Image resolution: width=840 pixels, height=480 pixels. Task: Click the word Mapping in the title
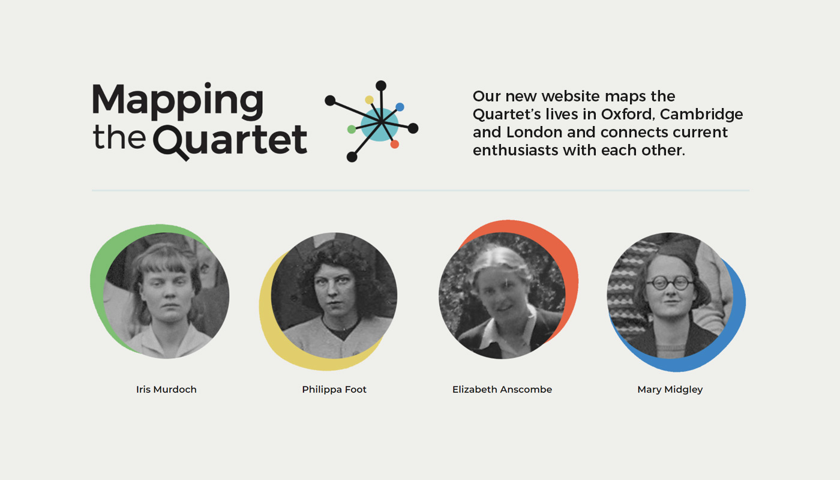click(178, 101)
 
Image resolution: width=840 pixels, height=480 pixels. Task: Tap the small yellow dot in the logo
click(370, 100)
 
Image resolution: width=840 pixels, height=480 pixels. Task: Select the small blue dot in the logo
click(400, 107)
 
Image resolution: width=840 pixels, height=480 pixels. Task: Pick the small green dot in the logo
click(352, 130)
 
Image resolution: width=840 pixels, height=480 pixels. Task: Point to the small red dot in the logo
click(395, 144)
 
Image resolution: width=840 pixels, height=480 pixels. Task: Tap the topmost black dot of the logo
click(381, 85)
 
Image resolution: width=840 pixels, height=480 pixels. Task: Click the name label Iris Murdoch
click(166, 389)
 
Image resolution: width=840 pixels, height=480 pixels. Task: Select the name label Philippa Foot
click(334, 389)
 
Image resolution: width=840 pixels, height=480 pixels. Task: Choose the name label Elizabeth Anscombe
click(502, 389)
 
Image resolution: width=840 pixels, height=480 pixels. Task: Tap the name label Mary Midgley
click(670, 389)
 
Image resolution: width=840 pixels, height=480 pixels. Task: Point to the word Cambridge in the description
click(701, 115)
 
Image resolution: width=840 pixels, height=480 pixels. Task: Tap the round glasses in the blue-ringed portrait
click(670, 283)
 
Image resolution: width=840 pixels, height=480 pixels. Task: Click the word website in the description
click(571, 97)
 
